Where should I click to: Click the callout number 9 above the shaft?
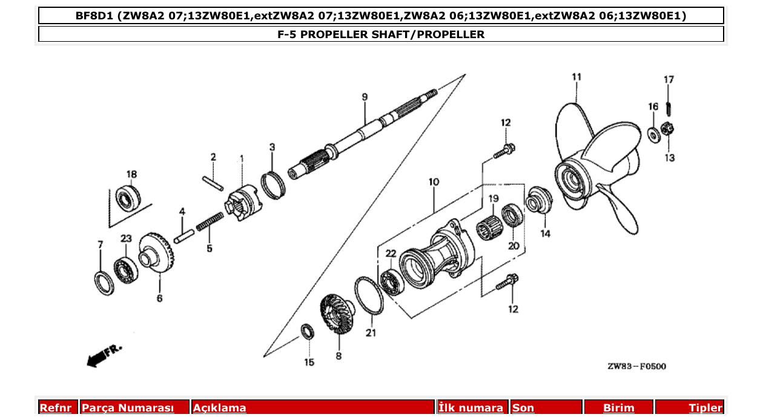point(365,97)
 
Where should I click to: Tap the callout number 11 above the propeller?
point(576,77)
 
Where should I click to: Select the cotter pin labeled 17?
point(669,109)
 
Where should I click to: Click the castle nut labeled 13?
point(669,128)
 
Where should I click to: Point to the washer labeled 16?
point(655,133)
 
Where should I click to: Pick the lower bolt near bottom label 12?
point(507,282)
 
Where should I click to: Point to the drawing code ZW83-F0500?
point(636,367)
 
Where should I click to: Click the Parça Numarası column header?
point(128,408)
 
